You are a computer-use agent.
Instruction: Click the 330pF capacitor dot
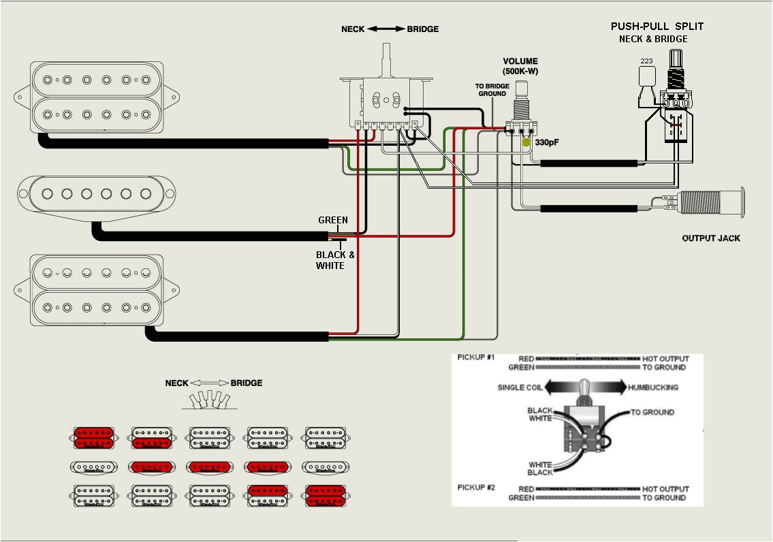[526, 143]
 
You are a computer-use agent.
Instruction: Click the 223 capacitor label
[646, 61]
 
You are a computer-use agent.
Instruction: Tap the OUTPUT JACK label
[710, 238]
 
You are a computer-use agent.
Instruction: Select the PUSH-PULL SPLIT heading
[657, 27]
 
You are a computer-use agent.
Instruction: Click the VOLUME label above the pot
[520, 61]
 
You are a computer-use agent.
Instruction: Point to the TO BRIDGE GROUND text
[491, 90]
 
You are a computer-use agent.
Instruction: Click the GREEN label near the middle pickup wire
[333, 220]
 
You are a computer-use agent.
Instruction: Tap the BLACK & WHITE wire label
[334, 260]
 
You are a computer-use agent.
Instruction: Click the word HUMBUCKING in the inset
[652, 387]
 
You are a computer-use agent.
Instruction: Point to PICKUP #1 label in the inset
[476, 357]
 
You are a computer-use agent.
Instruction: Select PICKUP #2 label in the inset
[476, 488]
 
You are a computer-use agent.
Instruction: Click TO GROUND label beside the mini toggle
[652, 412]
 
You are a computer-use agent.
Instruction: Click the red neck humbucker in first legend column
[94, 439]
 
